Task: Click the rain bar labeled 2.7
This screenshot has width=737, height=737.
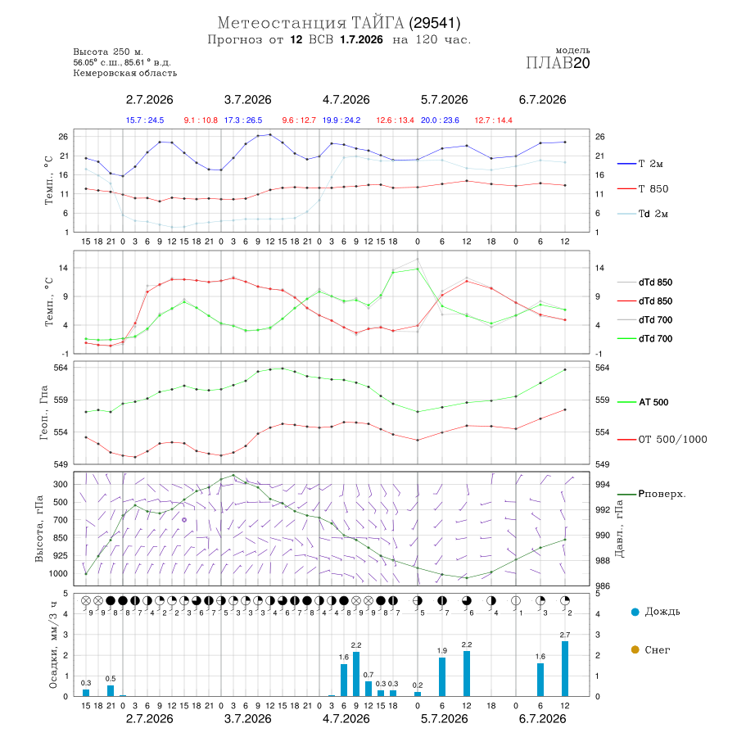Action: click(x=564, y=668)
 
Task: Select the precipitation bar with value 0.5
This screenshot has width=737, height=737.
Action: click(x=111, y=690)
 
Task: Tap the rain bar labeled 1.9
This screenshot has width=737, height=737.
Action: click(x=442, y=677)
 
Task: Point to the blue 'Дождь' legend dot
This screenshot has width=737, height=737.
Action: click(x=635, y=612)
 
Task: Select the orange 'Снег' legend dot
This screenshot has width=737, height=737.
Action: click(x=635, y=649)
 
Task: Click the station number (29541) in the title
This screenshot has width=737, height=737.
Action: click(x=435, y=23)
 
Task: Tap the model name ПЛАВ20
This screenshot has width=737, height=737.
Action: click(x=558, y=63)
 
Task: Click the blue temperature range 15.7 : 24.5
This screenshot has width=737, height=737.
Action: click(x=145, y=120)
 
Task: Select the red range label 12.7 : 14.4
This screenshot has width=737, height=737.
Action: click(x=493, y=120)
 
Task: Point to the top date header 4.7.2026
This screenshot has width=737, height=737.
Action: click(x=346, y=100)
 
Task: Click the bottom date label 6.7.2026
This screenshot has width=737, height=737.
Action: click(x=542, y=719)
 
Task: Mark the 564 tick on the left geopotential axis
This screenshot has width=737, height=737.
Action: click(x=62, y=368)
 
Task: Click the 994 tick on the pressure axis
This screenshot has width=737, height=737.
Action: click(x=602, y=484)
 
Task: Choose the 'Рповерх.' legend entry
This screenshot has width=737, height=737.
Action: click(x=662, y=494)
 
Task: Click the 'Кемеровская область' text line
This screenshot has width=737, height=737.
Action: click(x=125, y=74)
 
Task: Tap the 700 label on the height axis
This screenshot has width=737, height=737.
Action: click(x=60, y=520)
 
